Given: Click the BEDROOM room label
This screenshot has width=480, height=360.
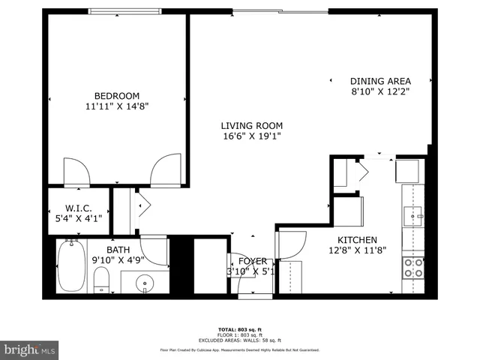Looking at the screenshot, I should tap(117, 95).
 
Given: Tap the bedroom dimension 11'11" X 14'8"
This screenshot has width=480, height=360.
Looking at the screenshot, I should tap(117, 107).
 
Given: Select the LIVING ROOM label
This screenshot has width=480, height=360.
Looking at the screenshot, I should tap(251, 125).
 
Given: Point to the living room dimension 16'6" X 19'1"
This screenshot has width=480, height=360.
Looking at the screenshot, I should tap(251, 137).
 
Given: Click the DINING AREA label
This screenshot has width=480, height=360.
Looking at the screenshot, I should tap(380, 81).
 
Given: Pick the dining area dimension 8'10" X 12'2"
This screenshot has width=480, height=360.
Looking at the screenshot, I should tap(380, 93).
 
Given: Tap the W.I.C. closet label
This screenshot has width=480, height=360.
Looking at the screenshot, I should tap(79, 208).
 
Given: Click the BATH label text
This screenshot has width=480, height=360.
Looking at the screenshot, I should tap(118, 250).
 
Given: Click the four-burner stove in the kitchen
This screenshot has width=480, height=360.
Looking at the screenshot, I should tap(412, 268).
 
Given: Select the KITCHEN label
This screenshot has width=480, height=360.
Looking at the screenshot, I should tap(357, 239).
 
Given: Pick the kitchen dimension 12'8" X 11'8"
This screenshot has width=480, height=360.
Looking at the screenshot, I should tap(357, 251).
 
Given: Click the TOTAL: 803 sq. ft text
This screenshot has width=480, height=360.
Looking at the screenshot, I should tap(239, 330).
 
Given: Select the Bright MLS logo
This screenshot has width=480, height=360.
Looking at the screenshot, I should tap(30, 349).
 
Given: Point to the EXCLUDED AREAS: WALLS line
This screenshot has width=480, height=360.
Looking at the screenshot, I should tap(239, 341).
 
